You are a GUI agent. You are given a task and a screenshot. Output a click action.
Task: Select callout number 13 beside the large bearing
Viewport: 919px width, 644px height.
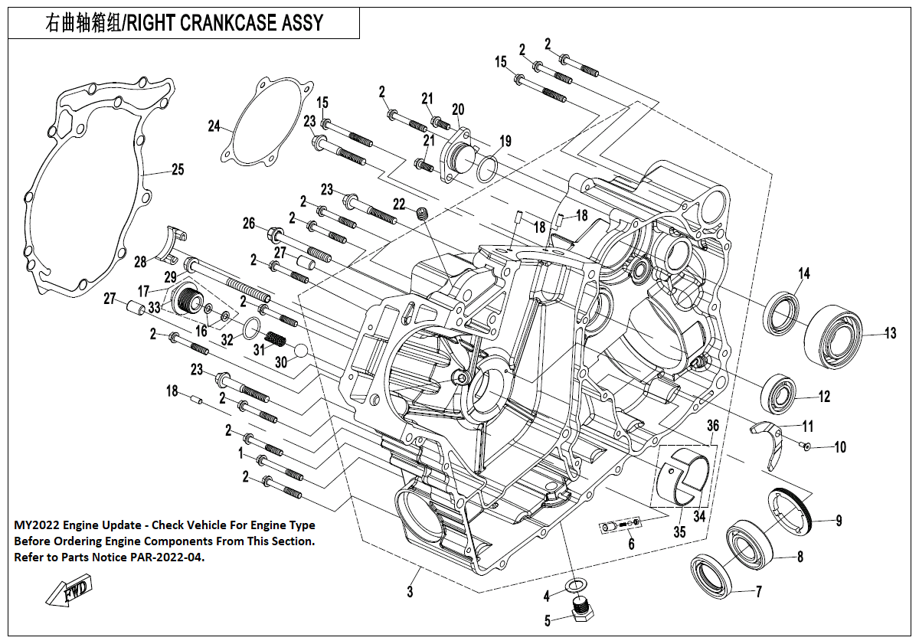coord(890,333)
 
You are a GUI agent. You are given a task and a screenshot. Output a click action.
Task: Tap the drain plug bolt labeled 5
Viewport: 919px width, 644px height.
coord(584,610)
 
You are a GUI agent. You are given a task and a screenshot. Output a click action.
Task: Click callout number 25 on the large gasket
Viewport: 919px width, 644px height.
coord(177,170)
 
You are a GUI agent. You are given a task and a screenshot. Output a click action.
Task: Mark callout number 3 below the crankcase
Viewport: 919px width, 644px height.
coord(410,592)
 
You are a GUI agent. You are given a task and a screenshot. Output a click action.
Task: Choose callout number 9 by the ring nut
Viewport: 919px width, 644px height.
coord(839,521)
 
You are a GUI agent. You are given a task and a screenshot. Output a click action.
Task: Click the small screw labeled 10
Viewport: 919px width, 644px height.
coord(806,445)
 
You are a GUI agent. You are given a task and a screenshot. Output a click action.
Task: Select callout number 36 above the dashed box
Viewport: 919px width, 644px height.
coord(712,426)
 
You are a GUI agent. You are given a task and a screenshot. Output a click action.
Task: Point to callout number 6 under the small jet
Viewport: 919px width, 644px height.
coord(631,544)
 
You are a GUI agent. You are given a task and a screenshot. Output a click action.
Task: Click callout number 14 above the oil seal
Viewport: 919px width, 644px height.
coord(803,273)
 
